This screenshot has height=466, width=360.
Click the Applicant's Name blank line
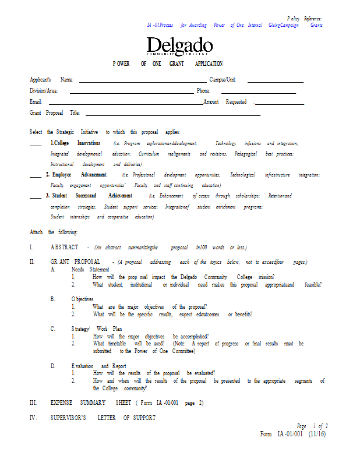tap(142, 82)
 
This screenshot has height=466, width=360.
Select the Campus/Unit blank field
tap(276, 82)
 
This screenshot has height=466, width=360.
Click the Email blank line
tap(136, 104)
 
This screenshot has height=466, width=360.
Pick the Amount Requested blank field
tap(279, 104)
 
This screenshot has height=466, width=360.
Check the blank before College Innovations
tap(35, 144)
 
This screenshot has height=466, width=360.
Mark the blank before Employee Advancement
tap(35, 176)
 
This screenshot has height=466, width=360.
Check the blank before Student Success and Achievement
tap(35, 197)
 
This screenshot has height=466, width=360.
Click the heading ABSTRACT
tap(65, 248)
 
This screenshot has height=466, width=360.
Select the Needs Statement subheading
tap(90, 270)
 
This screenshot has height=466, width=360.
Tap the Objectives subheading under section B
tap(82, 299)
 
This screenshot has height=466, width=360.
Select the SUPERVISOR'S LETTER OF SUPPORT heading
tap(103, 418)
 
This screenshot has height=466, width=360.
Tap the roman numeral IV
tap(33, 418)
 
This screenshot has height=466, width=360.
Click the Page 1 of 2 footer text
tap(312, 426)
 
